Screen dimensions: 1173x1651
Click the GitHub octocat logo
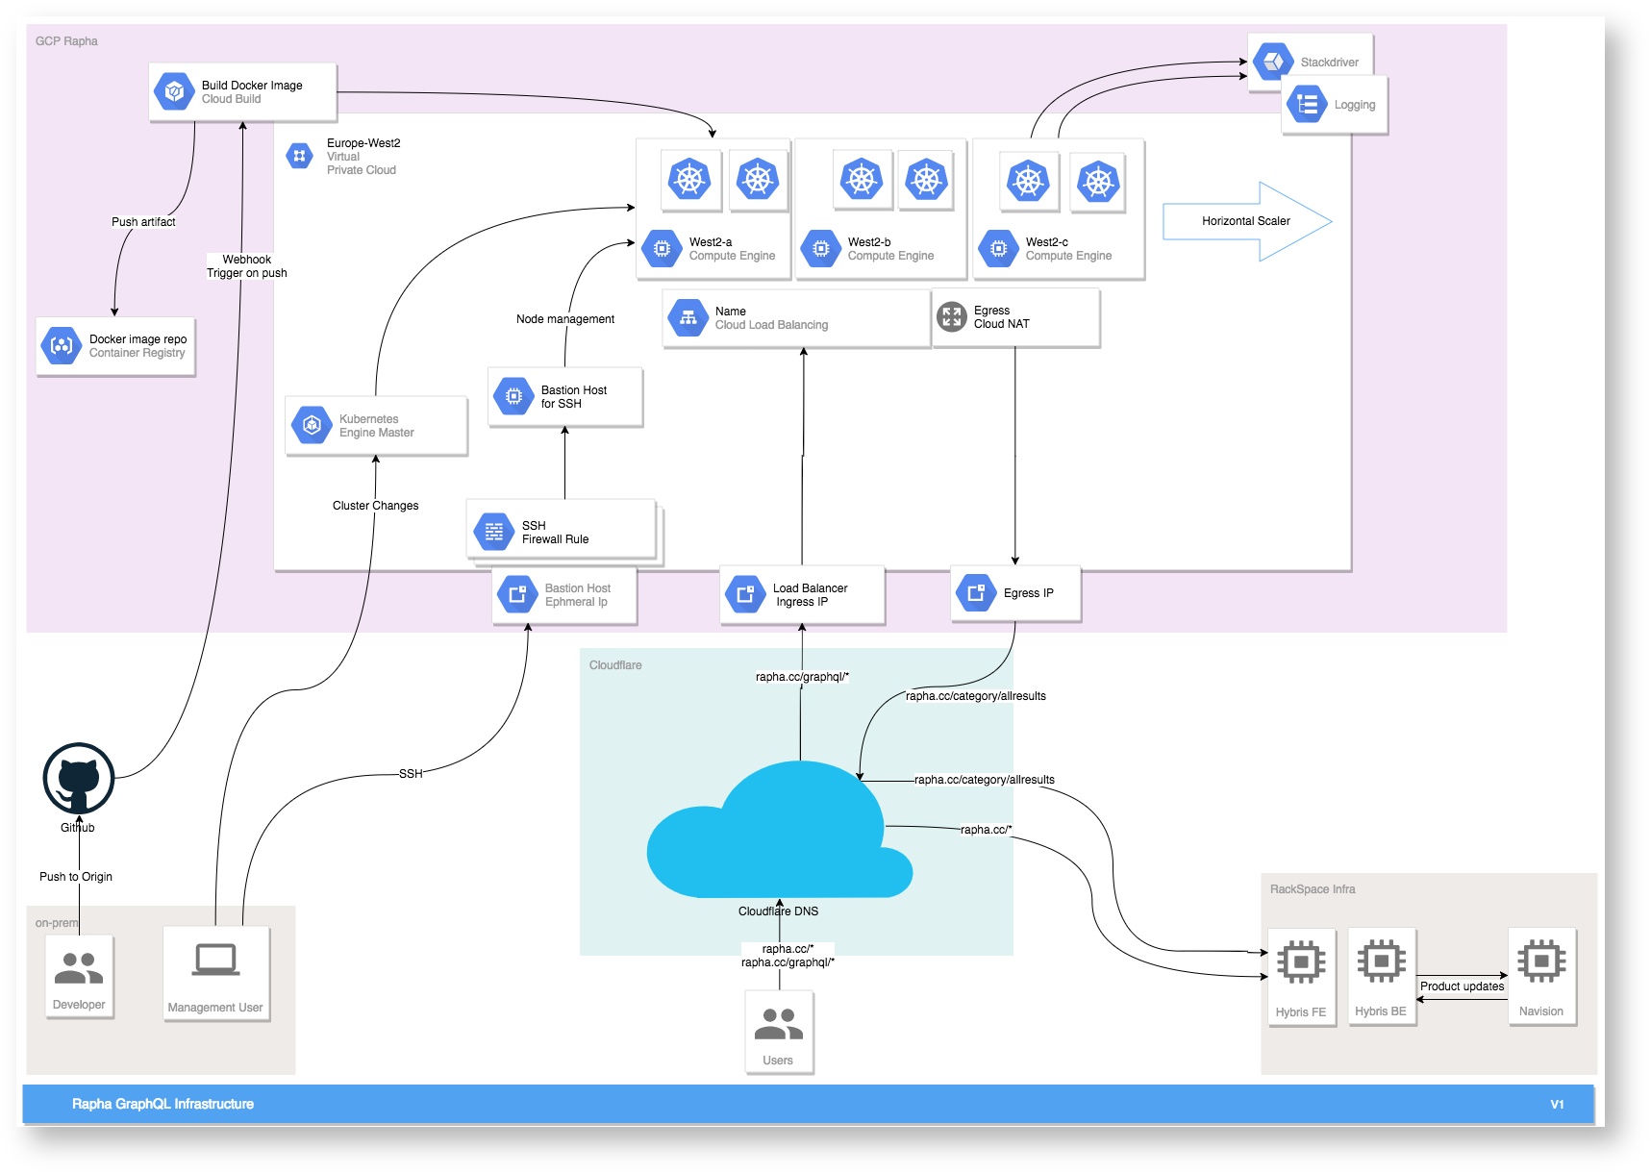tap(79, 779)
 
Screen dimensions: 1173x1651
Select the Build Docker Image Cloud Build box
tap(242, 92)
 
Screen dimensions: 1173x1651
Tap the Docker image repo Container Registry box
tap(115, 346)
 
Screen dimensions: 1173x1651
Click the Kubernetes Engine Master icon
tap(312, 425)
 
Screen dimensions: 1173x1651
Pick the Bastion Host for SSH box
tap(565, 397)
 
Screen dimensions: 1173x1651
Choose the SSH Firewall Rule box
tap(562, 531)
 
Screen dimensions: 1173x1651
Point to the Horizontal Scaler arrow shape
tap(1247, 221)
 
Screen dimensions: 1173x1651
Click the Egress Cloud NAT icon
tap(952, 316)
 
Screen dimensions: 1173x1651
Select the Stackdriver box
tap(1310, 62)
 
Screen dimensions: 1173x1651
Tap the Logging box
tap(1336, 105)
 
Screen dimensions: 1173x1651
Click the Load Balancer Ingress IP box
tap(802, 595)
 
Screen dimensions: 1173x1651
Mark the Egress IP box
tap(1015, 593)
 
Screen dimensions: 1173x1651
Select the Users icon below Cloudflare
tap(779, 1025)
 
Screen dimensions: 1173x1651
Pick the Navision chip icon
tap(1541, 961)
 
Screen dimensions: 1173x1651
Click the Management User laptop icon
tap(215, 960)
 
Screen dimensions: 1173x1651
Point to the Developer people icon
tap(79, 968)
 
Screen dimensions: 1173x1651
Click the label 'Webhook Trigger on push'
tap(247, 266)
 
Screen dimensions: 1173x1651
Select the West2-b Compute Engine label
tap(890, 249)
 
